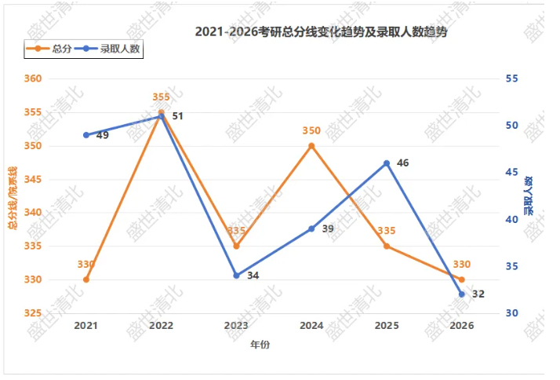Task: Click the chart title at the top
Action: (x=321, y=32)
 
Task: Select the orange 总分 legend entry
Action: (x=49, y=49)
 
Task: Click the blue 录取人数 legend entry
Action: (x=107, y=49)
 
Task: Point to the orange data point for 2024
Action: (x=311, y=146)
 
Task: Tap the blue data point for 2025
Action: (x=387, y=163)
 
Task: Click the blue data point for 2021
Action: (x=86, y=135)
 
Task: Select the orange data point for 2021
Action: (x=86, y=280)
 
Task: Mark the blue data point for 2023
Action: (x=236, y=276)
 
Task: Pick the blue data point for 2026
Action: (x=461, y=294)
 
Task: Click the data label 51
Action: (x=177, y=116)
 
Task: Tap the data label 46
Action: (x=402, y=163)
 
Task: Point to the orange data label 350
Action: (x=311, y=131)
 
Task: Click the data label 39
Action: (x=328, y=228)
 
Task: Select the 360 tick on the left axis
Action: (x=33, y=79)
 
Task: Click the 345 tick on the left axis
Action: (x=33, y=179)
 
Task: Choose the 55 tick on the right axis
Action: (x=511, y=79)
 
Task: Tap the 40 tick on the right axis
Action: (x=511, y=219)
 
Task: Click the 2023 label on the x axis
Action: (x=236, y=326)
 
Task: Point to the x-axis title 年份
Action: (x=260, y=345)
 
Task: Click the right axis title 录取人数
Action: (x=529, y=195)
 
